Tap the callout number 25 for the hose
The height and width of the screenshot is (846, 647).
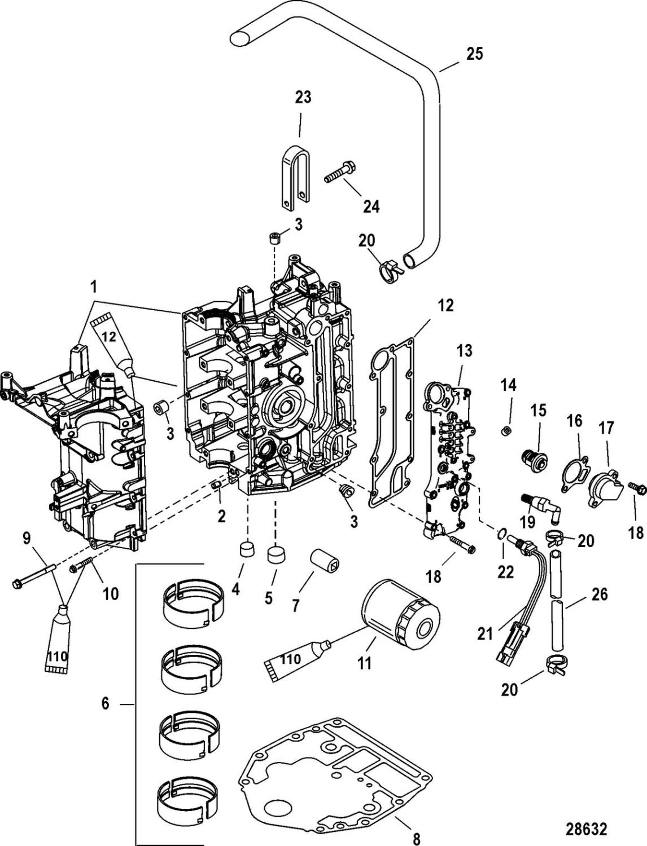(x=474, y=54)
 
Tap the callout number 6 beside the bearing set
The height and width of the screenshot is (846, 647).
(x=106, y=703)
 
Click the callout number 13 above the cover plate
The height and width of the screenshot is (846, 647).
(x=465, y=352)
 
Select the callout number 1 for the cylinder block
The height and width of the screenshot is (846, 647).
(x=94, y=287)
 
